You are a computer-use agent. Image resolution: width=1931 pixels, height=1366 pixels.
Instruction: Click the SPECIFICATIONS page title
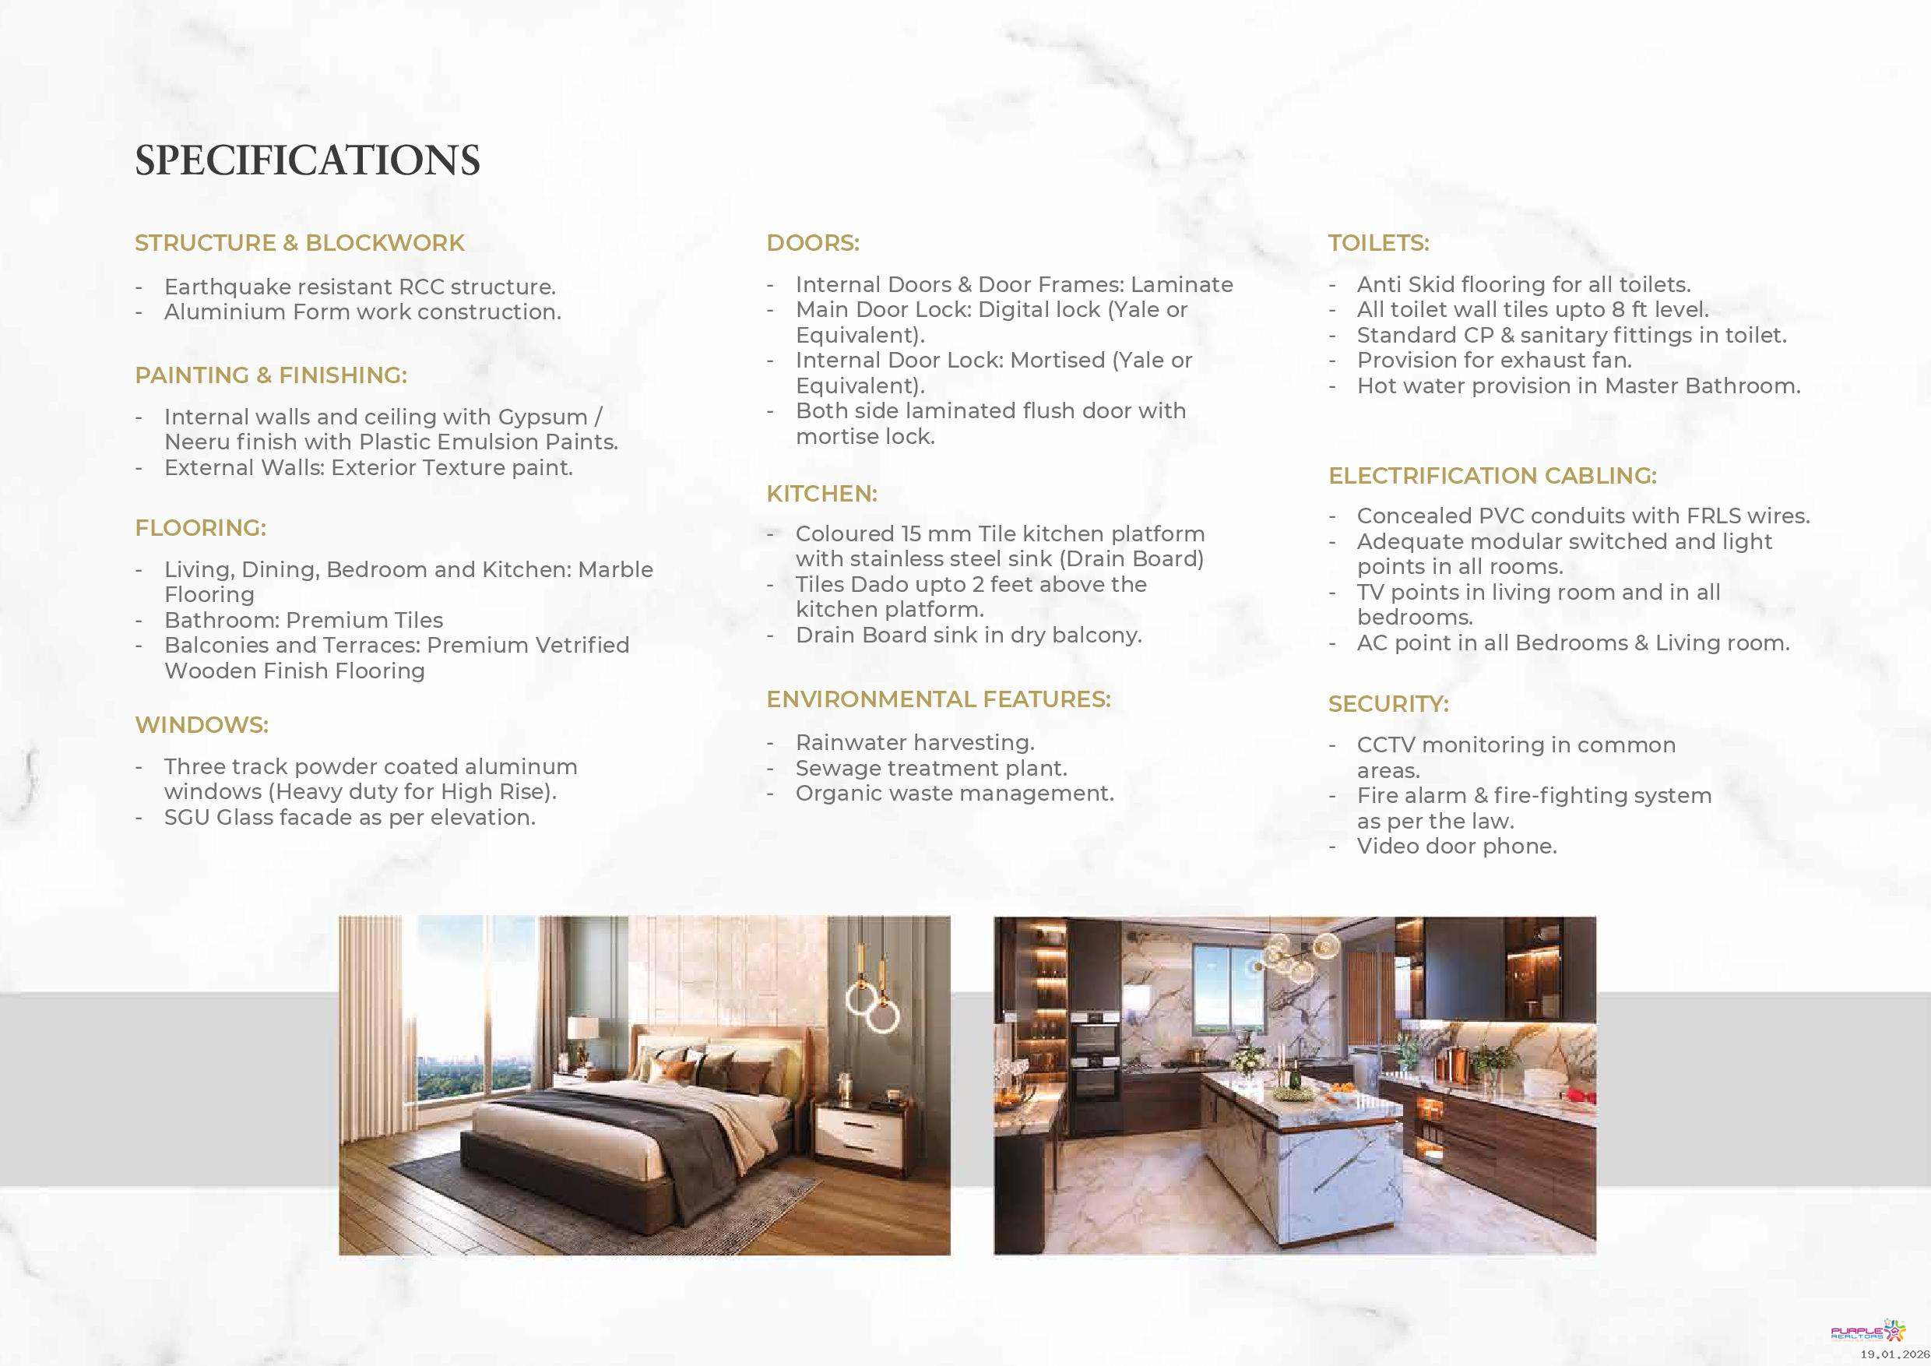[x=307, y=160]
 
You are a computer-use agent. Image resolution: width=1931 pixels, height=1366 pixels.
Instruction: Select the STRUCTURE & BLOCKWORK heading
[x=300, y=243]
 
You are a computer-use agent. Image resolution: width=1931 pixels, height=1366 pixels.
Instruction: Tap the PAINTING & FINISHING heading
[x=271, y=375]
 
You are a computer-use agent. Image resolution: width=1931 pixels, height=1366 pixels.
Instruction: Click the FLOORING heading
[x=200, y=528]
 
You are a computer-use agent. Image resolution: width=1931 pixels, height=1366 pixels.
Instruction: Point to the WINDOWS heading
[x=202, y=725]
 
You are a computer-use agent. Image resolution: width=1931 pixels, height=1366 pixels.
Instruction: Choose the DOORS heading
[x=812, y=243]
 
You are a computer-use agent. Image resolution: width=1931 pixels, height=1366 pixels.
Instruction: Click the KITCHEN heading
[x=821, y=494]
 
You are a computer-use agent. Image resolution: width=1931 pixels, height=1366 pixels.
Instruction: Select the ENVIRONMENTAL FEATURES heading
[x=938, y=700]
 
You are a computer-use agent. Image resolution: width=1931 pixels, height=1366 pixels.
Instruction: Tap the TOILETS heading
[x=1378, y=243]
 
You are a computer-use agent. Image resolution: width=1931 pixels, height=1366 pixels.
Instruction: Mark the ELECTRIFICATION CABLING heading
[x=1492, y=476]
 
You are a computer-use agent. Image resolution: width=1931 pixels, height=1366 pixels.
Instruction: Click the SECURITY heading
[x=1388, y=704]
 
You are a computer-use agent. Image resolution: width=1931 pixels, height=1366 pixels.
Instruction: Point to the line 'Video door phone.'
[x=1457, y=847]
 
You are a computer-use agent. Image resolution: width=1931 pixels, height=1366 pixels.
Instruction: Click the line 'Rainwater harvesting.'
[x=915, y=743]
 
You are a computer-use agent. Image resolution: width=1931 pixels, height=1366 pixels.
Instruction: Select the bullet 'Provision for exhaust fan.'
[x=1493, y=361]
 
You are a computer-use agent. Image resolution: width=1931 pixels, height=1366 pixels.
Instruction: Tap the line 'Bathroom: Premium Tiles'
[x=304, y=620]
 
